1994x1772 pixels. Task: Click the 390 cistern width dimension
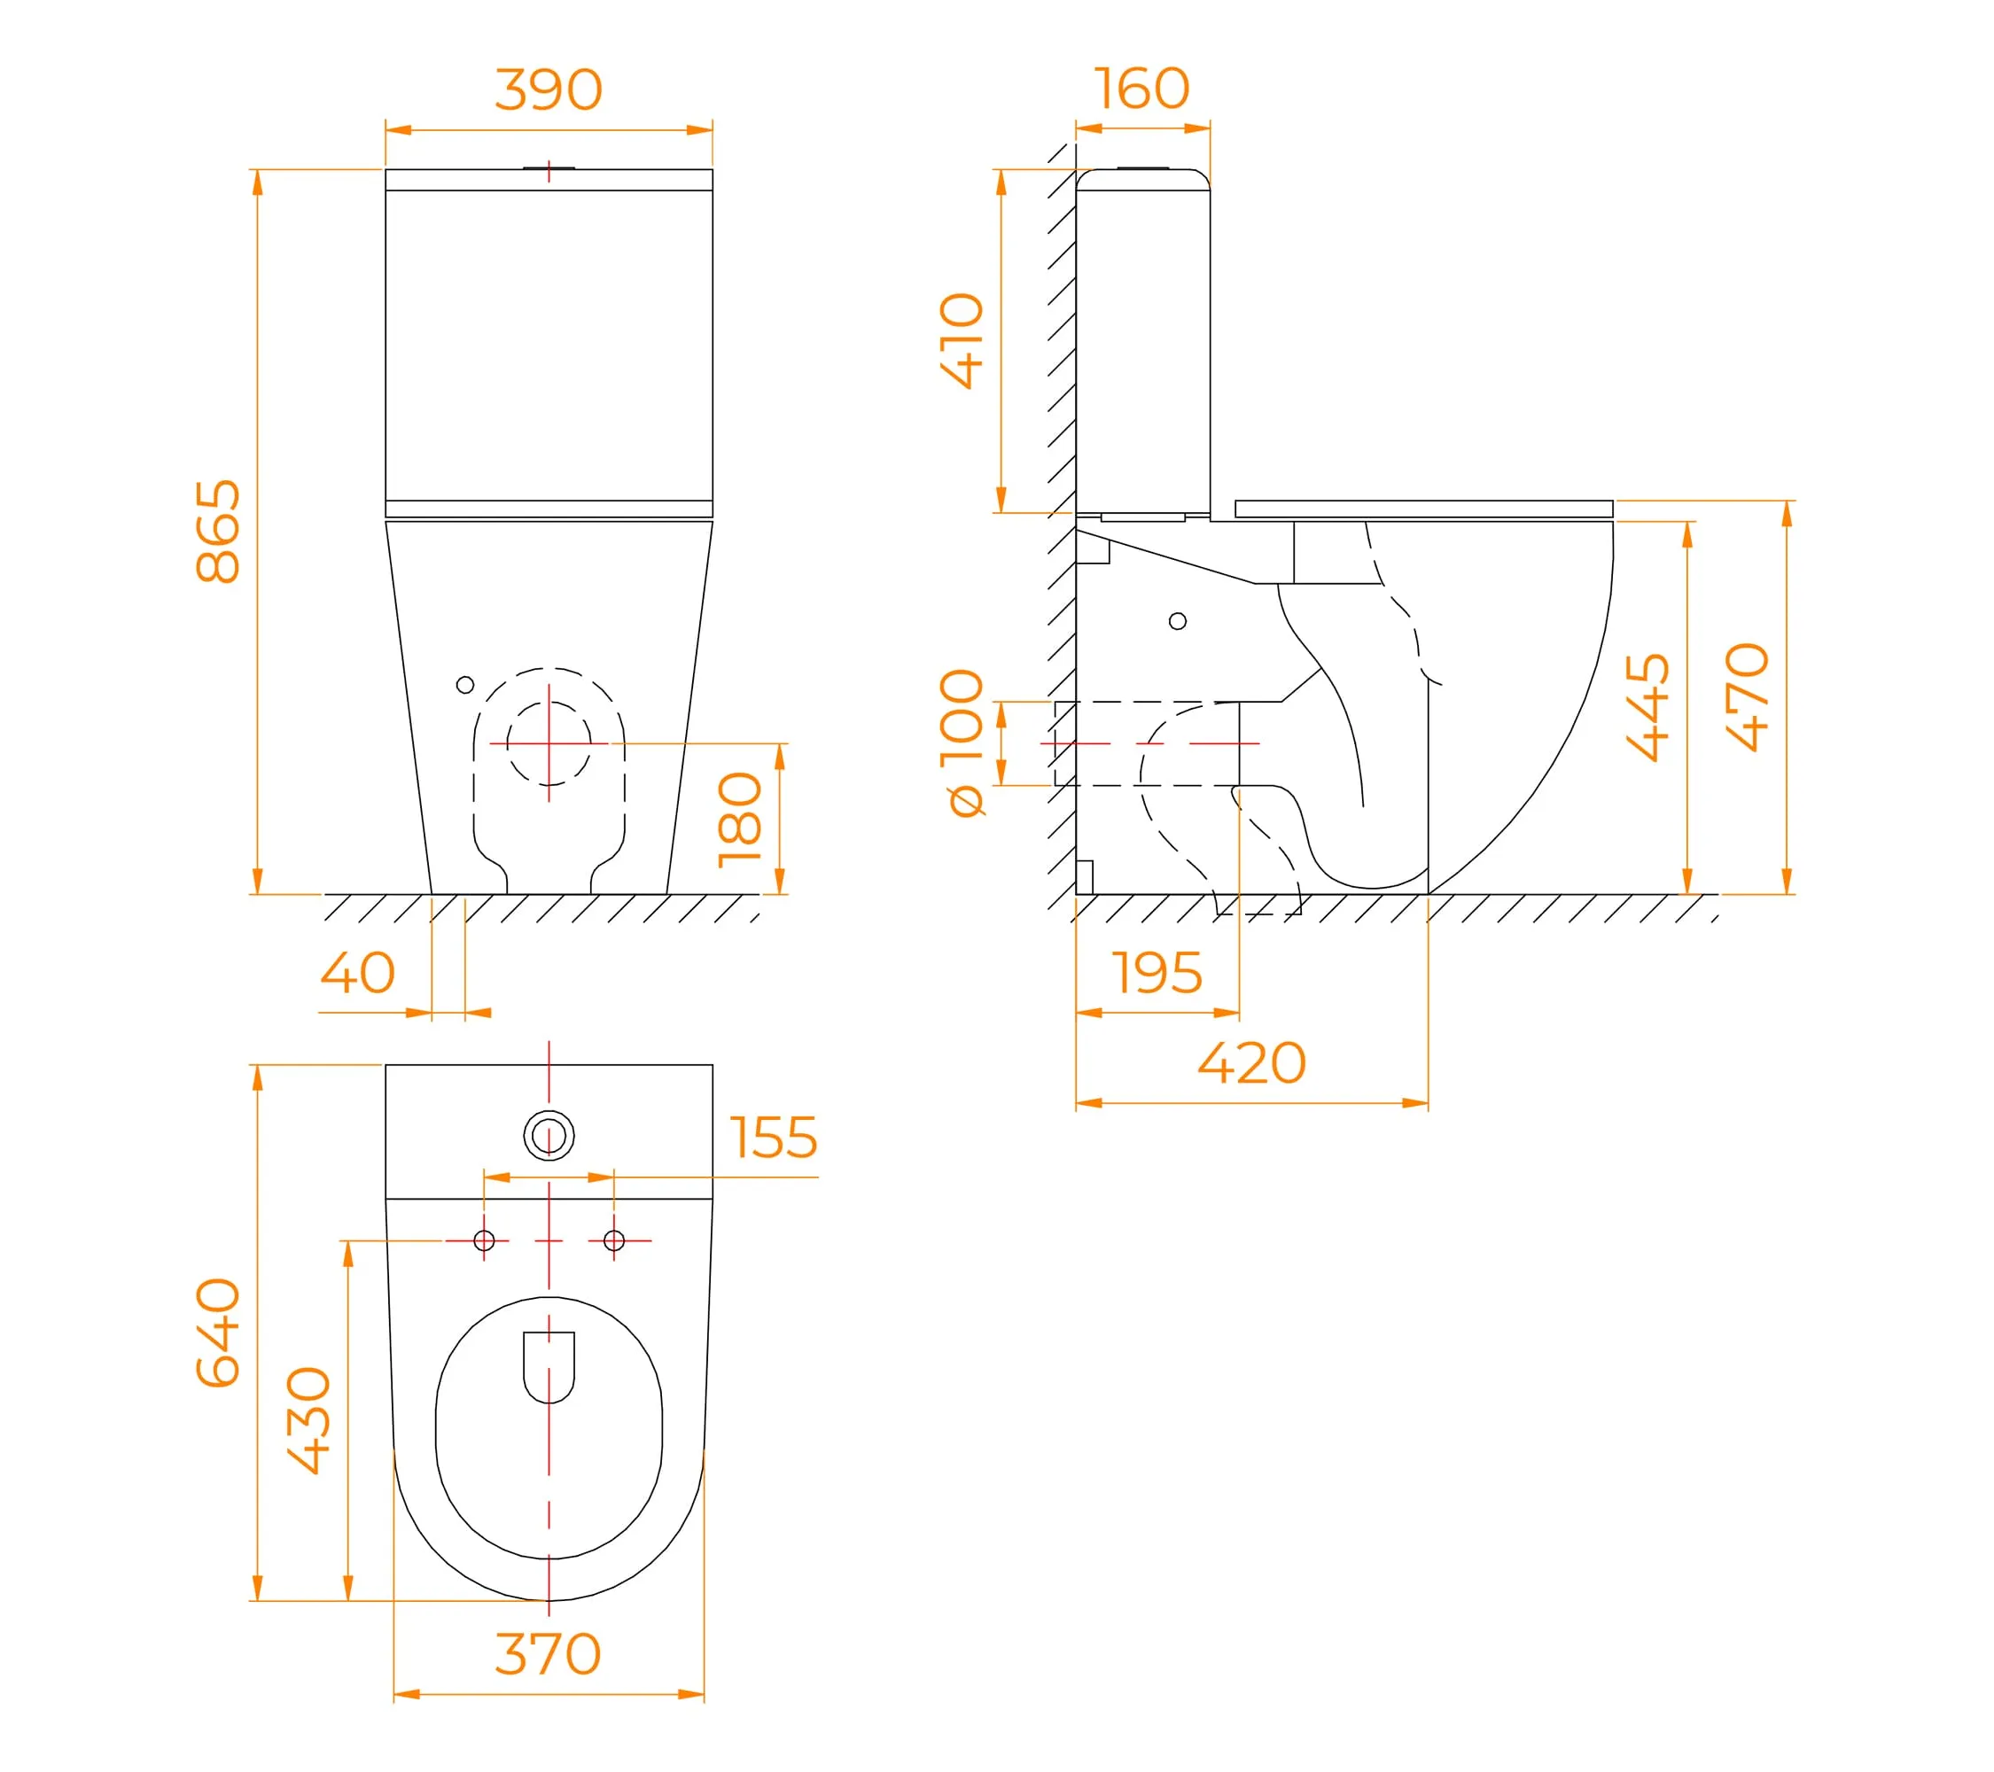point(549,89)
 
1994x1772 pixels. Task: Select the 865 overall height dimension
point(219,532)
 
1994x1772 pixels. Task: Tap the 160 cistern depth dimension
point(1141,89)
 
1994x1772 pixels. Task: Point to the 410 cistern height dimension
point(962,340)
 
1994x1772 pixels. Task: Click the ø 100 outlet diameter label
point(964,742)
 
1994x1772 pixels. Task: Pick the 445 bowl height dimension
point(1648,707)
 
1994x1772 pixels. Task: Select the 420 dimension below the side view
point(1251,1063)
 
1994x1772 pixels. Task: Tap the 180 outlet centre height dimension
point(739,820)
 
